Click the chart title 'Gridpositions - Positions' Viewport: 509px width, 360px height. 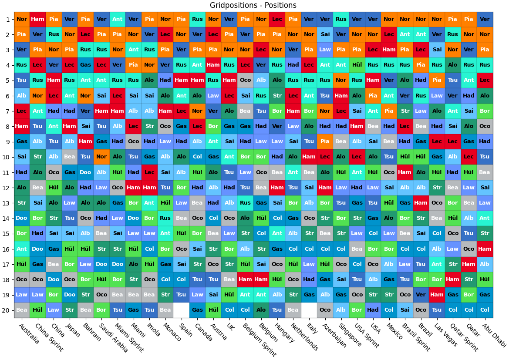click(x=253, y=5)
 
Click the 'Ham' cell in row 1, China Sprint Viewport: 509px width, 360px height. click(x=38, y=19)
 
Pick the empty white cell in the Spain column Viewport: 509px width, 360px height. click(x=181, y=310)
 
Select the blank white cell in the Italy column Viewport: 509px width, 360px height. click(x=309, y=310)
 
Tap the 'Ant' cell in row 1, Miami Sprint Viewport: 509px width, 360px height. click(x=118, y=19)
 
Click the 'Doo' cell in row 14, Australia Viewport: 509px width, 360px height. click(x=22, y=218)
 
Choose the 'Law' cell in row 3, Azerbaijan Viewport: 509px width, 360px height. click(x=325, y=50)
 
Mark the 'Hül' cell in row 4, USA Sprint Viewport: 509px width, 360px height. click(x=357, y=65)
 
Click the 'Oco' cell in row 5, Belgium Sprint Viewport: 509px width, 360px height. click(x=246, y=81)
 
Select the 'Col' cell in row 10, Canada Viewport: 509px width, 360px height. click(x=197, y=157)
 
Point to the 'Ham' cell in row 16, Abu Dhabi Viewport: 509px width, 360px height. click(x=485, y=249)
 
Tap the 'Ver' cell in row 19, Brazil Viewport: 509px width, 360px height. click(x=421, y=295)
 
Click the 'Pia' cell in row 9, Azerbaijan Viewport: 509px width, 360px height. click(x=325, y=141)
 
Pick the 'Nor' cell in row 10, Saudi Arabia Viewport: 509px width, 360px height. click(x=101, y=157)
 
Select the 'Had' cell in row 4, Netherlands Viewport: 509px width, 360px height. click(x=293, y=65)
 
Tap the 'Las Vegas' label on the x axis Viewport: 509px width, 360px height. click(x=445, y=335)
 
